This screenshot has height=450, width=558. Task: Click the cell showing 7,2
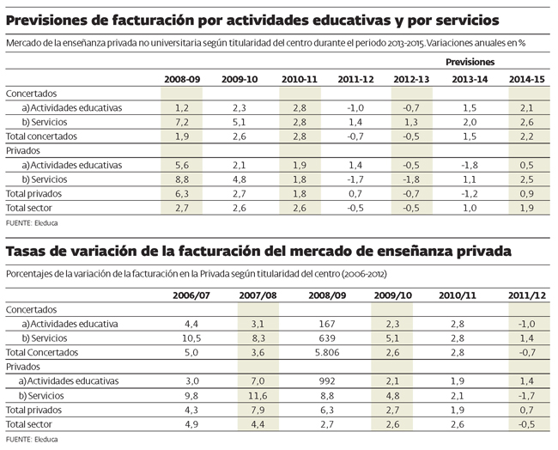tap(181, 122)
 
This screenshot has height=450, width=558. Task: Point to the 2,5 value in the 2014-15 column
tap(528, 179)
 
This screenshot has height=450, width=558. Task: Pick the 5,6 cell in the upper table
tap(181, 165)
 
